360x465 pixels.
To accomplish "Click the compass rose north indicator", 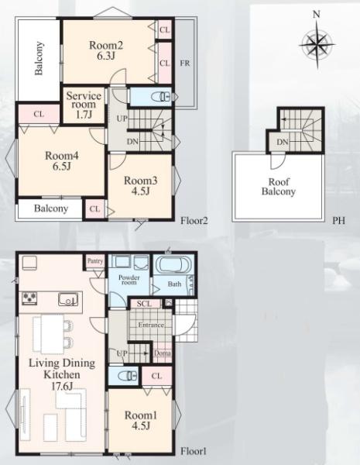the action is (x=317, y=14).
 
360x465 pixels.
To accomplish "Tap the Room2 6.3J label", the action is (x=106, y=50).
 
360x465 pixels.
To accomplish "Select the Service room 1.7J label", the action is (x=84, y=105).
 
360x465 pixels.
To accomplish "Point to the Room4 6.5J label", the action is (x=62, y=160).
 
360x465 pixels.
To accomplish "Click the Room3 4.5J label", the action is (x=140, y=186).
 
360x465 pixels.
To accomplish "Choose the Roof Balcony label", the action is (x=279, y=187).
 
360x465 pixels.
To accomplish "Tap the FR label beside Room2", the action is (x=185, y=64).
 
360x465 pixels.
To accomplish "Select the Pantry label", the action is (x=95, y=261).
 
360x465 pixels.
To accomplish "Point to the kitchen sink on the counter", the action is (x=68, y=299).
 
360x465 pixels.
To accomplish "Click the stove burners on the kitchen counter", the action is (x=30, y=298).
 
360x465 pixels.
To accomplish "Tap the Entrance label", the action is (x=151, y=325).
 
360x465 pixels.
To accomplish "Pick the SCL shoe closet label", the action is (x=144, y=303).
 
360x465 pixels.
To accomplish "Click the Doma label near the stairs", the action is (x=163, y=353).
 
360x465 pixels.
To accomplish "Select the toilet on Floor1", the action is (x=129, y=376).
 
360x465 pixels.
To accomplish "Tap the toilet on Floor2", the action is (x=161, y=96).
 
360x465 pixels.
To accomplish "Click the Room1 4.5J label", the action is (x=140, y=420).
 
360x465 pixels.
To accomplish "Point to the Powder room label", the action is (x=129, y=280).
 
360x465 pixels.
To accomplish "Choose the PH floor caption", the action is (x=338, y=221).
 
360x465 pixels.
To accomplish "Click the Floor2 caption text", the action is (x=194, y=221).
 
